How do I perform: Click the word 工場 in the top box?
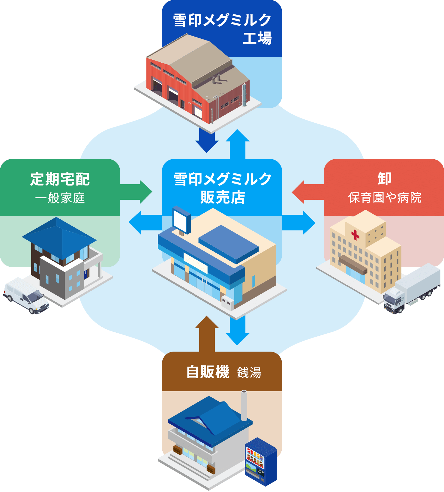[257, 38]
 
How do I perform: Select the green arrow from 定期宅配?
[138, 192]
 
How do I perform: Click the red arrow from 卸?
[306, 192]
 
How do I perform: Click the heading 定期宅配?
[60, 179]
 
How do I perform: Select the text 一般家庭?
[60, 198]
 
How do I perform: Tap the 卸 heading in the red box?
[384, 179]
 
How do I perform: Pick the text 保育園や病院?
[385, 198]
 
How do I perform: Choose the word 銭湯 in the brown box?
[249, 373]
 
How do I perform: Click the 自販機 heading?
[208, 372]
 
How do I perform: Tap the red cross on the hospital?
[355, 235]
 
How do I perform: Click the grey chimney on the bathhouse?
[244, 405]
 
